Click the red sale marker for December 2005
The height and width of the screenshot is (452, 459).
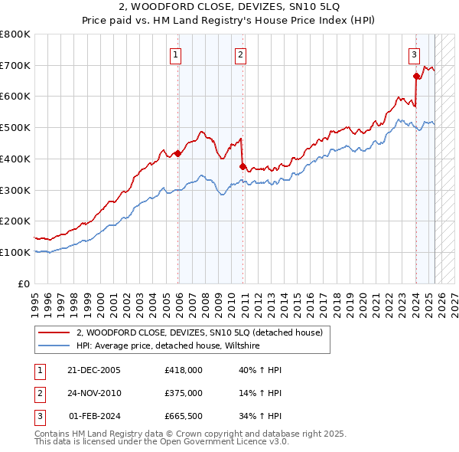coord(178,153)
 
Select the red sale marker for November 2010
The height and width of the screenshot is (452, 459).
coord(243,166)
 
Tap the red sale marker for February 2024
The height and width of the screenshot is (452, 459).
coord(416,76)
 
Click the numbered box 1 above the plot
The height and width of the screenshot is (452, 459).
coord(176,54)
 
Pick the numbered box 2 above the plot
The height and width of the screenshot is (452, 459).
coord(240,54)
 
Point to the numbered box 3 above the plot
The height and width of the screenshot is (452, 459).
coord(414,54)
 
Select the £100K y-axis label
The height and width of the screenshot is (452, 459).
coord(15,252)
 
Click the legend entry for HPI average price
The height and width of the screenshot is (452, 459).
coord(168,346)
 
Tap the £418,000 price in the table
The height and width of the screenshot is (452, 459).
coord(184,369)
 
